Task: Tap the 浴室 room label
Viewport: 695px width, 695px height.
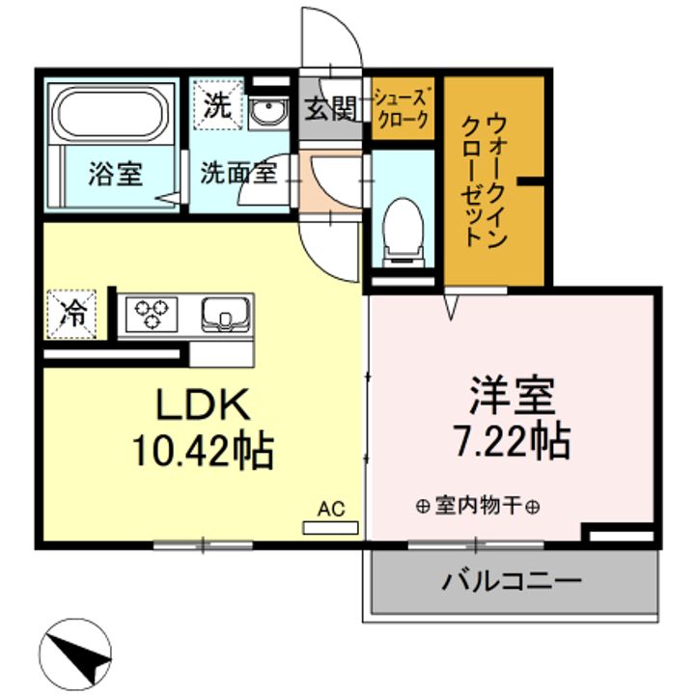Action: pos(115,175)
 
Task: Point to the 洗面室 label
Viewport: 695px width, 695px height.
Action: pos(238,175)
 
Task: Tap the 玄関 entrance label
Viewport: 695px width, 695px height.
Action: pos(331,109)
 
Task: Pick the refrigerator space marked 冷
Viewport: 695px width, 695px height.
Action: pos(73,313)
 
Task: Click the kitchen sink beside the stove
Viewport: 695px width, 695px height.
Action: pos(226,314)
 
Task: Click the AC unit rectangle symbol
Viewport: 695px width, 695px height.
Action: pos(330,527)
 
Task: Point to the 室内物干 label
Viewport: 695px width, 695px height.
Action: pos(478,507)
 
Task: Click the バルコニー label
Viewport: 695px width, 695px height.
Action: pos(512,582)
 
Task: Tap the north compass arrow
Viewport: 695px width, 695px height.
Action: pos(78,655)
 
